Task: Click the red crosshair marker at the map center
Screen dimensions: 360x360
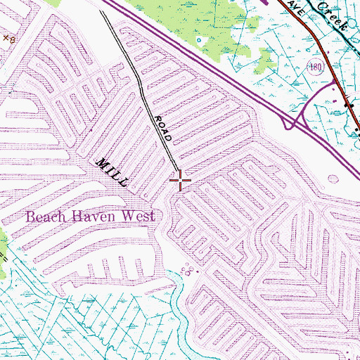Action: (x=181, y=181)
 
